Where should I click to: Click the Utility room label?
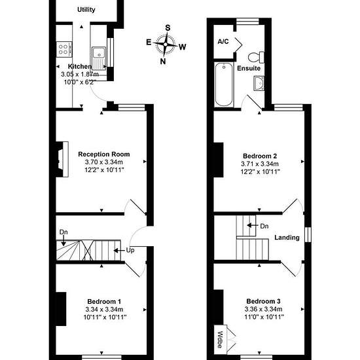(86, 10)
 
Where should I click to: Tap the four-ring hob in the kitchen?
(64, 49)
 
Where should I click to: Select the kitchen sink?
(99, 58)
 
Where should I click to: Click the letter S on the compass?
(168, 27)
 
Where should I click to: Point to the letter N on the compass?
(163, 62)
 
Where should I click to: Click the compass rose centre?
(166, 45)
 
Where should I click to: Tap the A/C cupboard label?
(223, 41)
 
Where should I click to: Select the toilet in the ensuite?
(256, 57)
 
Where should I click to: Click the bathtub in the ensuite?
(224, 85)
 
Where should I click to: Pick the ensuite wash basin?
(259, 83)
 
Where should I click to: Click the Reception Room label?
(104, 154)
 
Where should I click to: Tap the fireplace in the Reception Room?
(62, 159)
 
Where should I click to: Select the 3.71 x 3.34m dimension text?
(260, 164)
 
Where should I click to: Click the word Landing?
(287, 238)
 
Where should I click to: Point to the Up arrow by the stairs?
(119, 250)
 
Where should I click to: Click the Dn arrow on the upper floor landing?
(253, 225)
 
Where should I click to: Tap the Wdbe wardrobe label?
(220, 340)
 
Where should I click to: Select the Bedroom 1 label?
(104, 302)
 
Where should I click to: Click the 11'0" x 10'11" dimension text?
(264, 317)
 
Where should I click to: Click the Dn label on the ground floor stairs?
(63, 232)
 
